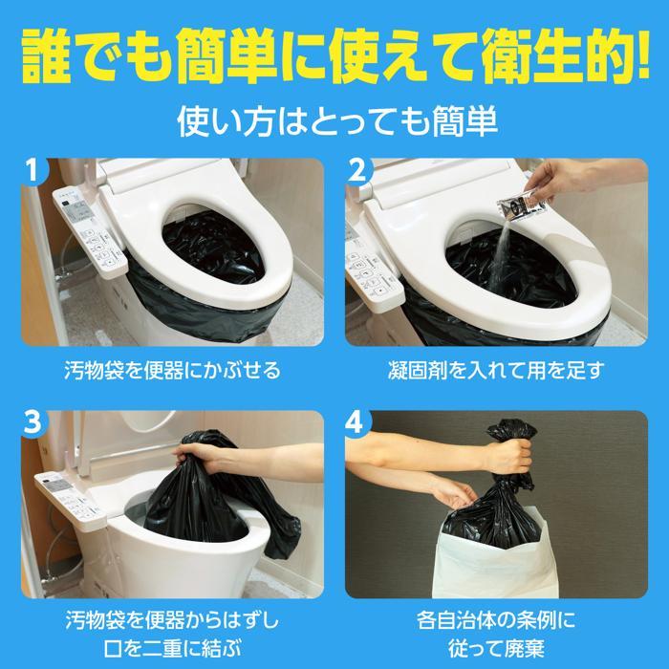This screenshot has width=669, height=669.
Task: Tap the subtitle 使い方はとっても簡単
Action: coord(334,123)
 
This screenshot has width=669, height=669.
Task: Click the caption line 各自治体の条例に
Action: coord(497,615)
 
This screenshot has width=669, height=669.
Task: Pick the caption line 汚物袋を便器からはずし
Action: coord(170,615)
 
